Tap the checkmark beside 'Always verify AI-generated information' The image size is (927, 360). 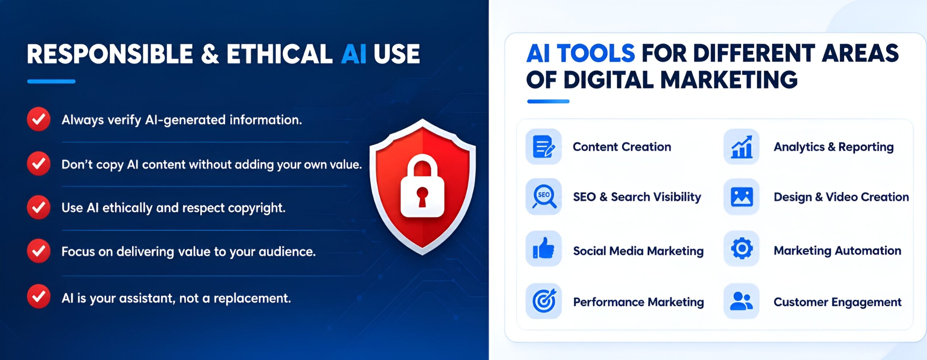click(38, 119)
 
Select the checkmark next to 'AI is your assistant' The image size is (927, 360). click(38, 297)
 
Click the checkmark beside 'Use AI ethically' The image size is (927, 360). click(38, 207)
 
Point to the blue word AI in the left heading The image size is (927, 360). click(354, 54)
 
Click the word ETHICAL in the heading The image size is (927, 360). click(279, 54)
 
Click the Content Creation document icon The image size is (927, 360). click(544, 147)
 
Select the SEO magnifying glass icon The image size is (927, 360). click(544, 197)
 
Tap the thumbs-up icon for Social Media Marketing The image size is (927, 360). click(544, 249)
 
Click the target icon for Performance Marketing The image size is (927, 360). click(544, 301)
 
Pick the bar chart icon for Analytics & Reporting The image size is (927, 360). click(741, 147)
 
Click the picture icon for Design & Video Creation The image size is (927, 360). click(741, 197)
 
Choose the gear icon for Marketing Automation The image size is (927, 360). click(741, 249)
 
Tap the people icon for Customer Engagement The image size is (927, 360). click(741, 301)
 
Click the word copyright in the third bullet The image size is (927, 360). click(256, 208)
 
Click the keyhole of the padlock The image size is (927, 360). click(422, 196)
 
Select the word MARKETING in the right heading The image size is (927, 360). click(729, 80)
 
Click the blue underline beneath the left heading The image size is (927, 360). click(51, 81)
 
